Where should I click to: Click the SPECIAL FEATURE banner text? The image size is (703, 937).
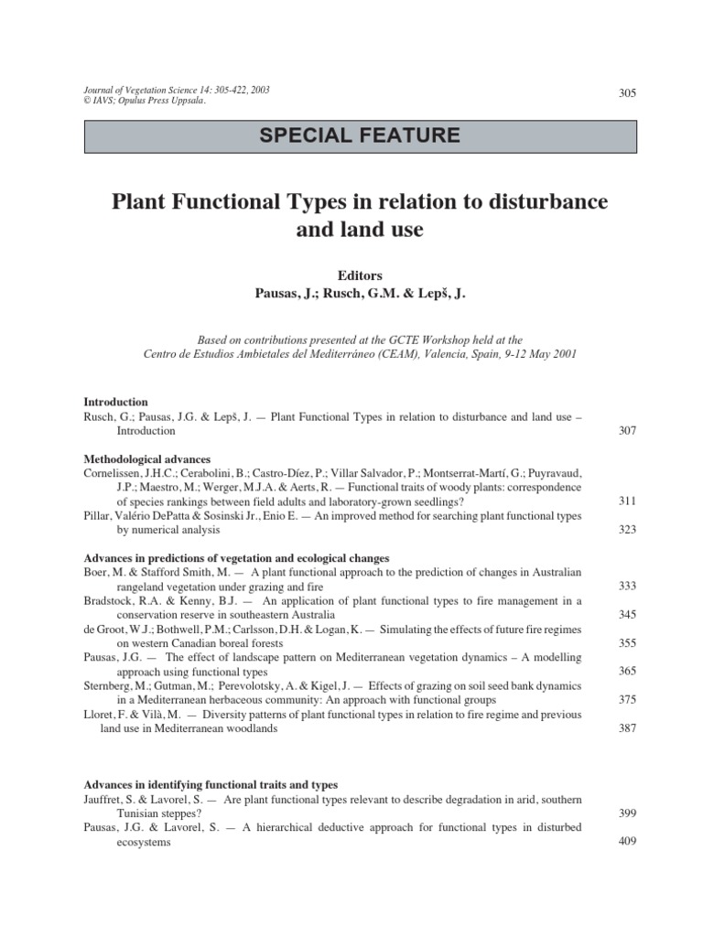coord(361,136)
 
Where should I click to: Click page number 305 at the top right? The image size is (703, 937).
coord(627,93)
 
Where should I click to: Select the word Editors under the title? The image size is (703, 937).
coord(361,275)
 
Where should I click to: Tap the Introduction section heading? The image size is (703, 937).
coord(116,402)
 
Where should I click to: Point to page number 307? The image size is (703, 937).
coord(627,430)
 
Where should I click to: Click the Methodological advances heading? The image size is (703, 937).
coord(146,458)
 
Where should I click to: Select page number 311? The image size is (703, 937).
coord(627,501)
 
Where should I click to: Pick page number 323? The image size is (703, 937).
coord(627,530)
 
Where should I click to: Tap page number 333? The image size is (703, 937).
coord(627,587)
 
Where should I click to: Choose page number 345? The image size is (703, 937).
coord(627,615)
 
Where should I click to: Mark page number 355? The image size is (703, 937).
coord(627,643)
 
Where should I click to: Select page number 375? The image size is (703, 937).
coord(627,700)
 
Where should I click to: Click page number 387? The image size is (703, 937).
coord(627,728)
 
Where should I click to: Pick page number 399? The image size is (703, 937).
coord(627,813)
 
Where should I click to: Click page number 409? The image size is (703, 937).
coord(627,842)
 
